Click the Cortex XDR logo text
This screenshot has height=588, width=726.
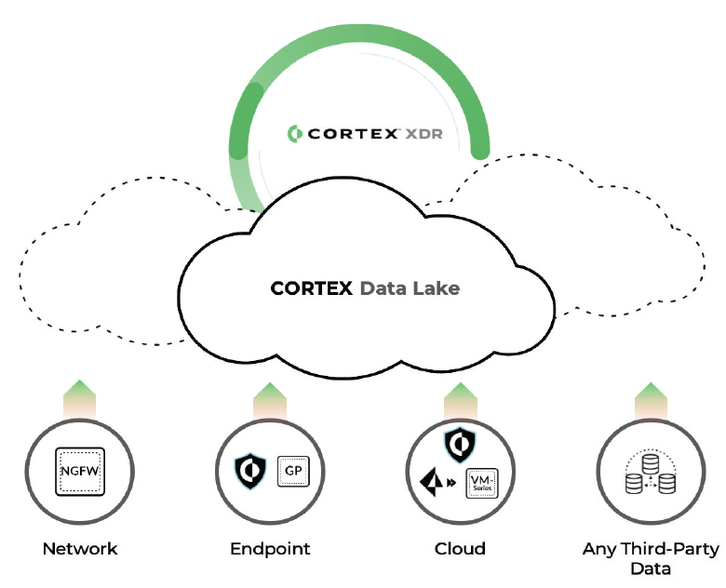point(364,132)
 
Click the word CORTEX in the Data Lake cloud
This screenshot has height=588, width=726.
point(311,288)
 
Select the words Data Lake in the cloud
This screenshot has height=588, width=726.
point(409,288)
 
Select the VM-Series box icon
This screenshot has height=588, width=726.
point(482,482)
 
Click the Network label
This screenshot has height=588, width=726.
point(80,549)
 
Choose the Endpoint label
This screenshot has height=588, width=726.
point(270,549)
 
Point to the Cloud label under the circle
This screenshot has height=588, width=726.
point(460,549)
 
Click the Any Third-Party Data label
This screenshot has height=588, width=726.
point(651,558)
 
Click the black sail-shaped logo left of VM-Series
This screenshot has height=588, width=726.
point(434,483)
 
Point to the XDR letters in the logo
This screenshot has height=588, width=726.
point(424,132)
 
